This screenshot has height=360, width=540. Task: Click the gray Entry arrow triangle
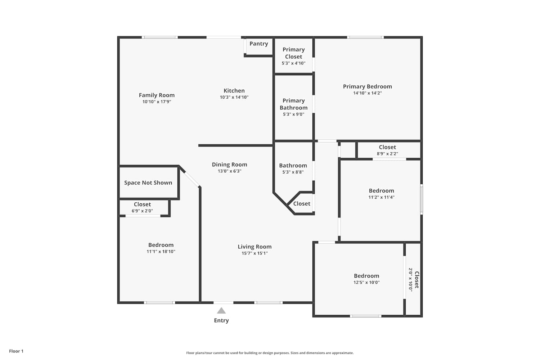(221, 311)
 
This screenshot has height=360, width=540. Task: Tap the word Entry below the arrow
(221, 320)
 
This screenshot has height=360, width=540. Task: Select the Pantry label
(259, 44)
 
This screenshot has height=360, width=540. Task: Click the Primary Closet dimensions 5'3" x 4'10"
(294, 63)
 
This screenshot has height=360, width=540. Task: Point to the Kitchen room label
(234, 91)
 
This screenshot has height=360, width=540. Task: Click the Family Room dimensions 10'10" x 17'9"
(157, 102)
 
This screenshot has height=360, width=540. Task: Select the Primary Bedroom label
(368, 86)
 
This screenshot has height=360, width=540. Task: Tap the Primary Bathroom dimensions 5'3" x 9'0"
(294, 114)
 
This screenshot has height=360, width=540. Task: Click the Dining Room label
(230, 165)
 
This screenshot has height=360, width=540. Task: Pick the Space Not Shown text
(148, 183)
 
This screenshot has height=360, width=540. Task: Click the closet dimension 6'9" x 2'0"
(142, 211)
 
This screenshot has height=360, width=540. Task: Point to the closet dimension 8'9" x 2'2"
(387, 154)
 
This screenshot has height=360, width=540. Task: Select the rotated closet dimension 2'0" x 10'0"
(410, 280)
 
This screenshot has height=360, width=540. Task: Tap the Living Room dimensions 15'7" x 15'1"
(255, 253)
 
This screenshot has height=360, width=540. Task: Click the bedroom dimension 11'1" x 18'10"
(161, 252)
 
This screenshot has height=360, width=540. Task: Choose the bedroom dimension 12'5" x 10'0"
(366, 282)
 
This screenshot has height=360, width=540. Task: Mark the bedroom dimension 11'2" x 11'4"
(381, 197)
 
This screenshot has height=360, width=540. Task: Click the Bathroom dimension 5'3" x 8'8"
(293, 172)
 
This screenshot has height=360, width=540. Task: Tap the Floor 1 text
(16, 351)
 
